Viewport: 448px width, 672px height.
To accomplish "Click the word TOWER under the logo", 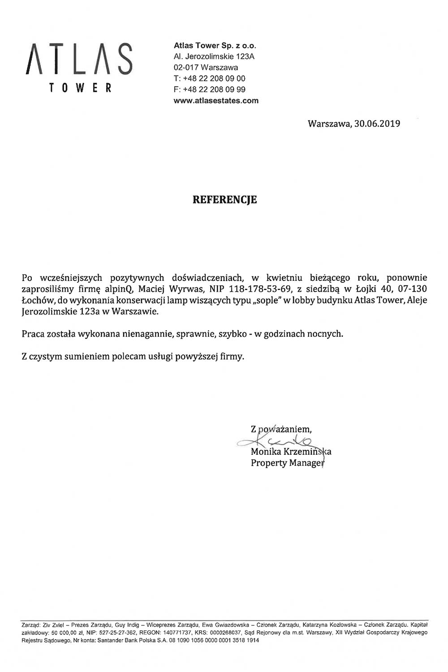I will tap(80, 88).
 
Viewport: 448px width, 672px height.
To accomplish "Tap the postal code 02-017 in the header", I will tap(186, 68).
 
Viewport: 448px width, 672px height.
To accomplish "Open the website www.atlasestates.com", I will tap(216, 100).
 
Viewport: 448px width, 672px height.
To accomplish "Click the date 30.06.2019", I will tap(377, 123).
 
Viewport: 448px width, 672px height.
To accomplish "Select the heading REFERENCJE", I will tap(225, 199).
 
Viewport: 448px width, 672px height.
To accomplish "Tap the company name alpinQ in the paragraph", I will tap(119, 289).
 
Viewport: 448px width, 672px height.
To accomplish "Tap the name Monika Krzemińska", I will tap(290, 452).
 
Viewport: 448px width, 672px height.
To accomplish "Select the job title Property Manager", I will tap(287, 463).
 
